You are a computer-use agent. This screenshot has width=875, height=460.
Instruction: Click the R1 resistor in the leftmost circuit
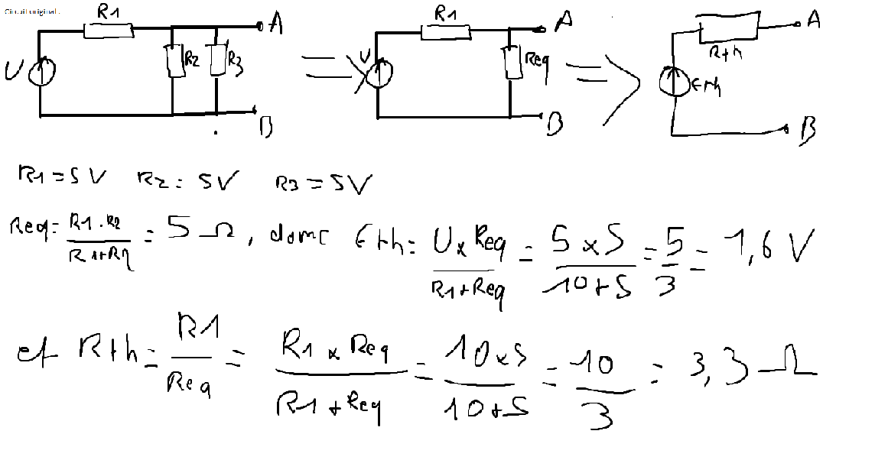pyautogui.click(x=109, y=30)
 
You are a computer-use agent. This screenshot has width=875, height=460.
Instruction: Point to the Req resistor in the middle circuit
pyautogui.click(x=512, y=61)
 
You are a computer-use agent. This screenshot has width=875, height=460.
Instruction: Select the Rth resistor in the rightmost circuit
pyautogui.click(x=727, y=29)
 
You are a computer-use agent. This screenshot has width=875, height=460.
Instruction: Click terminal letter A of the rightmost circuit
pyautogui.click(x=814, y=20)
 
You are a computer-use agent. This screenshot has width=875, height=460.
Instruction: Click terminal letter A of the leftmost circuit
pyautogui.click(x=276, y=24)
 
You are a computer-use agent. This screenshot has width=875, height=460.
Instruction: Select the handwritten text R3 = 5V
pyautogui.click(x=324, y=184)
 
